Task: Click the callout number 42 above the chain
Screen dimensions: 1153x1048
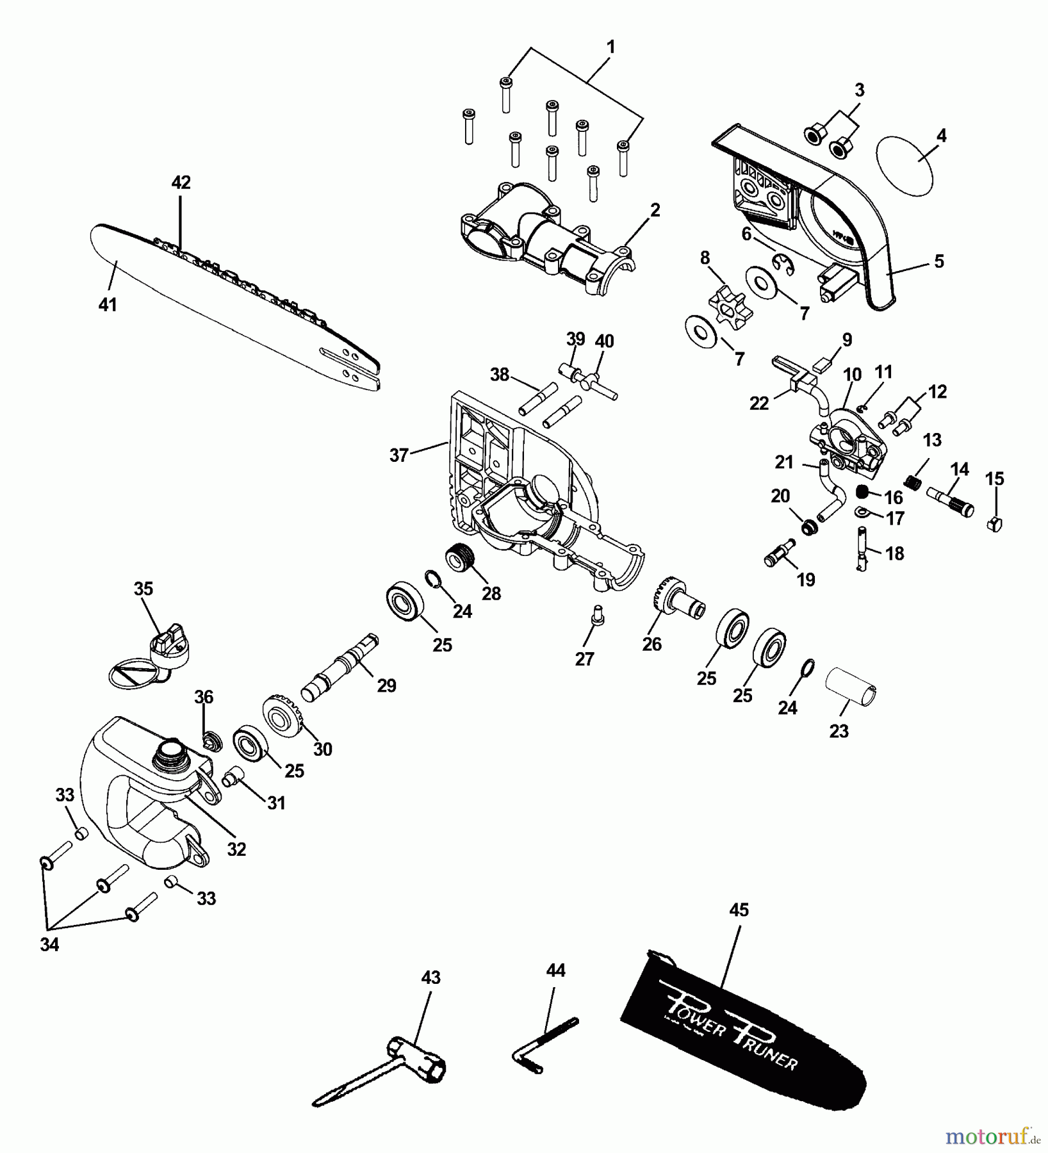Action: pyautogui.click(x=181, y=183)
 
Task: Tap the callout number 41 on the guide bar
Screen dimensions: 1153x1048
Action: pyautogui.click(x=107, y=305)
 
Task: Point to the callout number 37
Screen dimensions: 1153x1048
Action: pyautogui.click(x=398, y=455)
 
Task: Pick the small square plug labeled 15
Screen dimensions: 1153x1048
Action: pyautogui.click(x=995, y=523)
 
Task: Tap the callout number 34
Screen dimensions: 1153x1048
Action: pyautogui.click(x=49, y=945)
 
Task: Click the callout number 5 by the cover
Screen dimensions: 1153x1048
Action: pyautogui.click(x=938, y=261)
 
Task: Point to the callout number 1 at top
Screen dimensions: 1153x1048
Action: pyautogui.click(x=610, y=47)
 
